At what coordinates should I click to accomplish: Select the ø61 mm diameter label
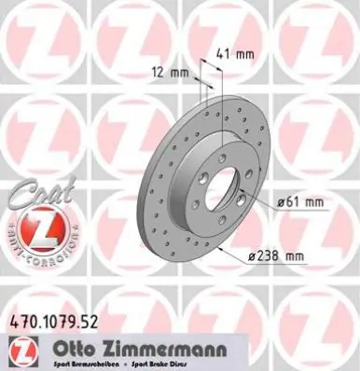coord(300,201)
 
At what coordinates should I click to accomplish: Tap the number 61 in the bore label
coord(298,201)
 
